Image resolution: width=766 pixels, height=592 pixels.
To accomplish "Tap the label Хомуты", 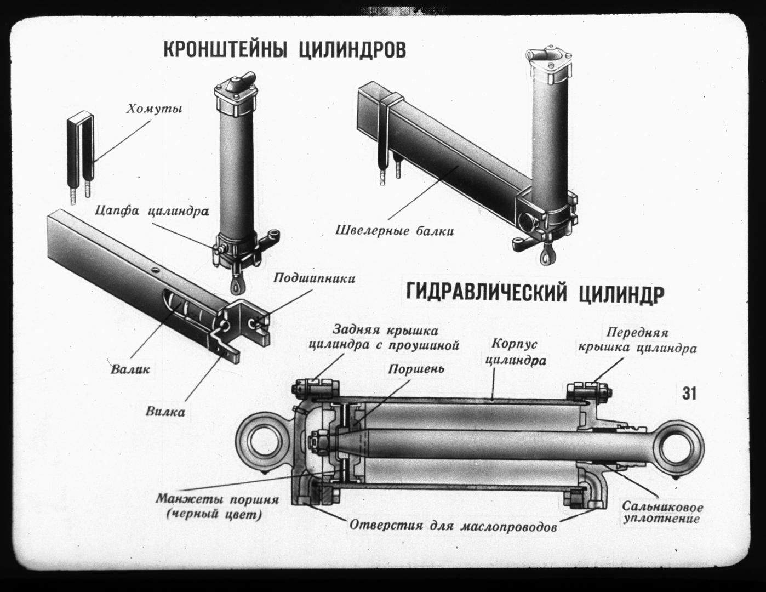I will click(x=154, y=109).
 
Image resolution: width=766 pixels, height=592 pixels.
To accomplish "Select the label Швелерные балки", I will click(x=395, y=231).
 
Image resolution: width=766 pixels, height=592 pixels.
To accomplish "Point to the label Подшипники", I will click(x=314, y=278).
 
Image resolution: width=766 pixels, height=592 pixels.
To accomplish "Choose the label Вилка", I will click(x=165, y=412).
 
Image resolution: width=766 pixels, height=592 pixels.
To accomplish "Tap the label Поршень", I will click(x=416, y=369).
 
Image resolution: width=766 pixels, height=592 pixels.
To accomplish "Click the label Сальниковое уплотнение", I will click(x=662, y=513).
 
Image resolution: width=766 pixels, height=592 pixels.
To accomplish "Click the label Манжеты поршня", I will click(x=218, y=500).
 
